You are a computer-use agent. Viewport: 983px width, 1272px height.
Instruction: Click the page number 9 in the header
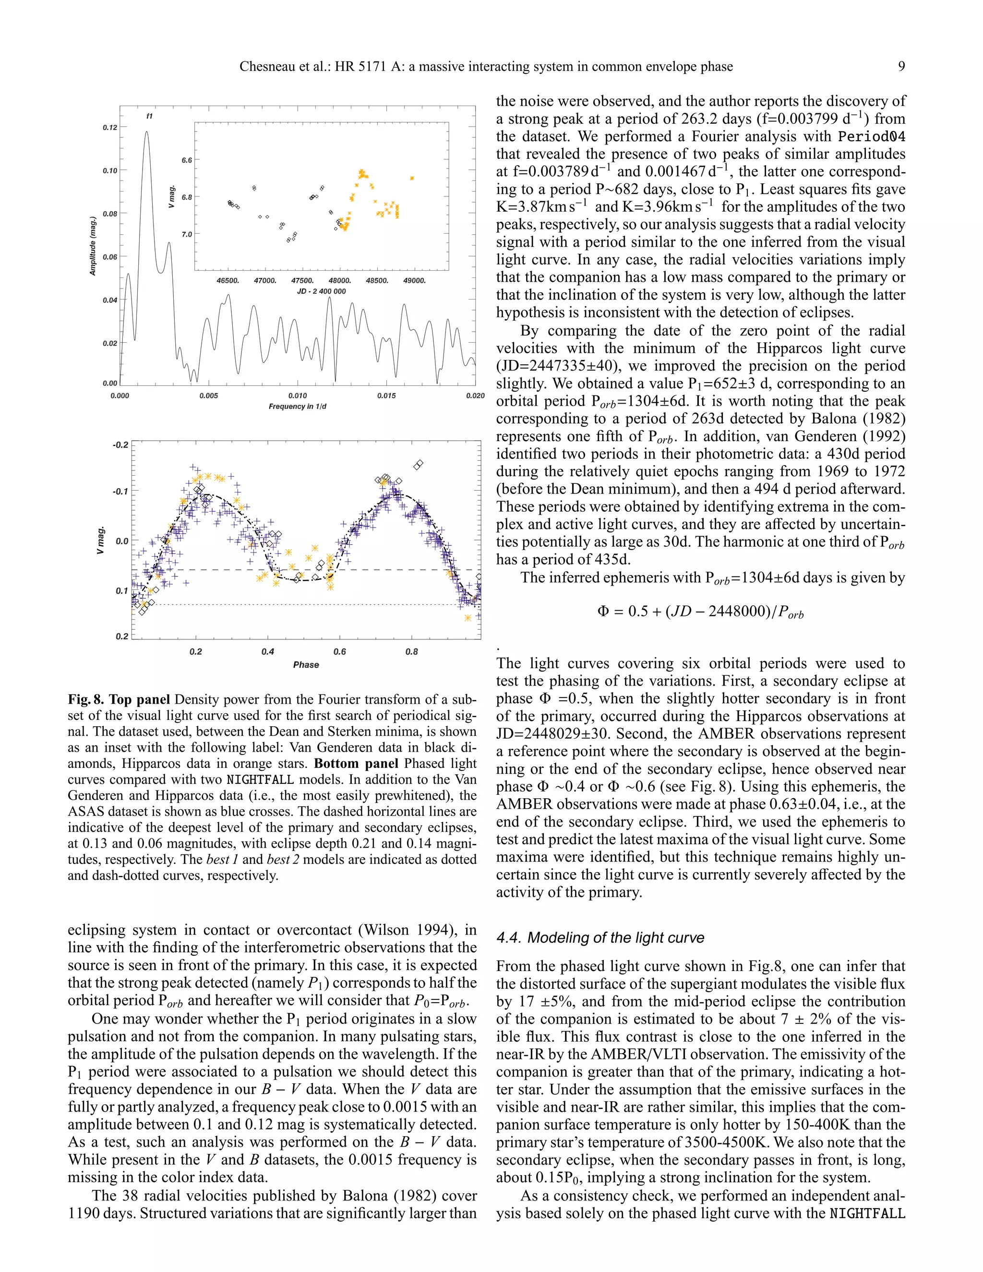(901, 66)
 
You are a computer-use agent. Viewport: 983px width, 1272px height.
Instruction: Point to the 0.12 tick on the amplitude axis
(110, 128)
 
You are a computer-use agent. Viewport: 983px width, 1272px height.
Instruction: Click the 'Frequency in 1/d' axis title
(297, 407)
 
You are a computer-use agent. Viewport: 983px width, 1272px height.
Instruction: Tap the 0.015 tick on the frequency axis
(386, 396)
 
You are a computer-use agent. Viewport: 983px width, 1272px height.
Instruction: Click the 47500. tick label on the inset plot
(302, 281)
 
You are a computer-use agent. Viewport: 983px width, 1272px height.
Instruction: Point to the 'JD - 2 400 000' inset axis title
(322, 292)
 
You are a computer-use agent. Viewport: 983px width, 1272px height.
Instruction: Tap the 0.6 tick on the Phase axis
(339, 652)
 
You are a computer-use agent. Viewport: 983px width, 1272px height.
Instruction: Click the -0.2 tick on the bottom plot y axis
(120, 445)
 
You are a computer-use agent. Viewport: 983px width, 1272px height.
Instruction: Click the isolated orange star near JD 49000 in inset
(412, 178)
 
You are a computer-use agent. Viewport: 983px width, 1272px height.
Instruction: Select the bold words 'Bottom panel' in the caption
(356, 764)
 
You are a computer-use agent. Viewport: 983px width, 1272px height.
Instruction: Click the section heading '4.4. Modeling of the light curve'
(600, 938)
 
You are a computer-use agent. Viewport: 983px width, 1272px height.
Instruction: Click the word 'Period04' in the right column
(871, 137)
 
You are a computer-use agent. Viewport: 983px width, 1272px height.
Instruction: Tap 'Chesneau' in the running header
(265, 66)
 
